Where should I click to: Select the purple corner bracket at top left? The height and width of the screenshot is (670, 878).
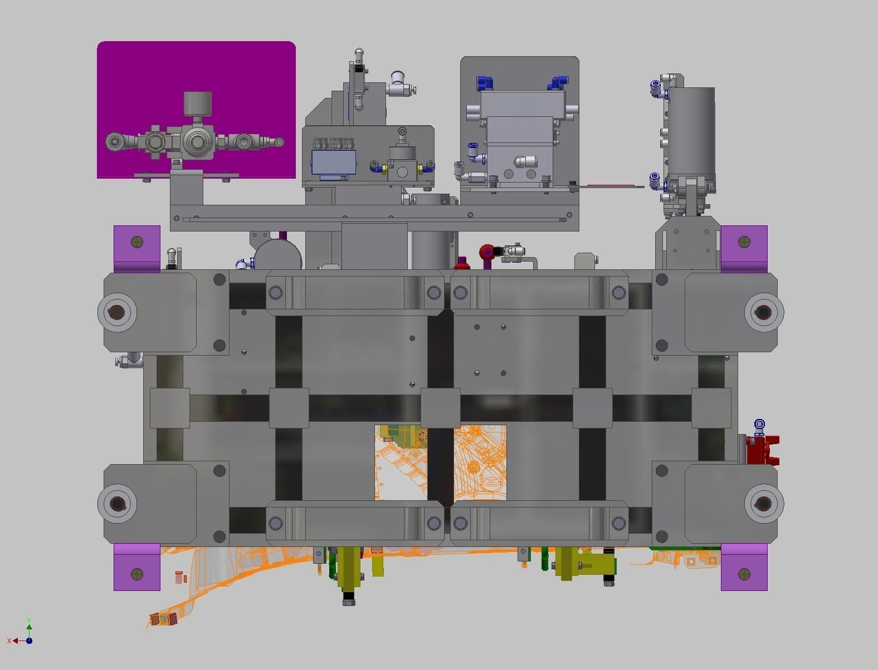point(137,249)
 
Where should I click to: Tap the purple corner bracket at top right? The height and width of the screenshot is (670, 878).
point(744,249)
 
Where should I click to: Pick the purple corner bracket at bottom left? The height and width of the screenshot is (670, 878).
point(137,567)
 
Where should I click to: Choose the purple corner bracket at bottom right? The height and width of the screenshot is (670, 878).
point(744,567)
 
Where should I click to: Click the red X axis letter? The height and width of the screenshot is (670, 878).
point(9,641)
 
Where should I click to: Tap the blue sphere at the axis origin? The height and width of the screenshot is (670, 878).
point(29,641)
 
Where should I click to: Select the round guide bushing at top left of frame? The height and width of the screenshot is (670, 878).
point(117,312)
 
